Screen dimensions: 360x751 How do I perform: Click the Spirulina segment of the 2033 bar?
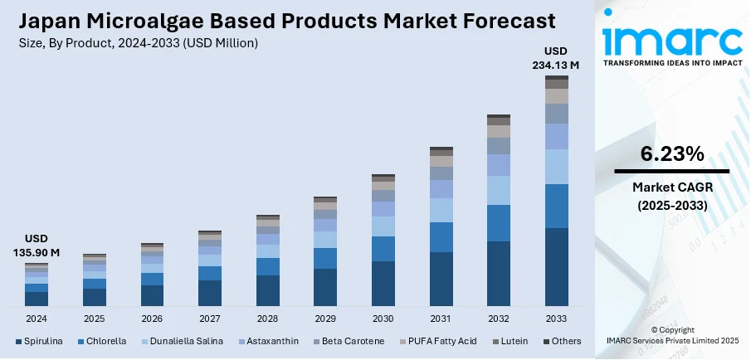click(556, 267)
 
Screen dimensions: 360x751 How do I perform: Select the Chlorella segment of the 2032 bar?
click(499, 223)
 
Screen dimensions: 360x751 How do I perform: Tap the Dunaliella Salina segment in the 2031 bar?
click(441, 210)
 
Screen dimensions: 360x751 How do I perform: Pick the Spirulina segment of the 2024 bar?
click(37, 299)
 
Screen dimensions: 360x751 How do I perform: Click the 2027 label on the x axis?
click(210, 319)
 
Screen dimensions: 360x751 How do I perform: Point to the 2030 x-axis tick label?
click(383, 319)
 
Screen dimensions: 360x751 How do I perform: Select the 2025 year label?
click(95, 319)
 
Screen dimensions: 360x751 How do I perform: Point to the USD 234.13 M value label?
click(556, 58)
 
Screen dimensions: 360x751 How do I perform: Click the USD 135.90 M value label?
click(37, 246)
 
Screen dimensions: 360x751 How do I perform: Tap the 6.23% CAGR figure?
click(672, 153)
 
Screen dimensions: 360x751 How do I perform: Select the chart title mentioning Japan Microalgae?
click(279, 20)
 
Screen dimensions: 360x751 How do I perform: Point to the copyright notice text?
click(673, 335)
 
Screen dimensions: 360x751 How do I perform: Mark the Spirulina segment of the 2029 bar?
click(325, 287)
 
